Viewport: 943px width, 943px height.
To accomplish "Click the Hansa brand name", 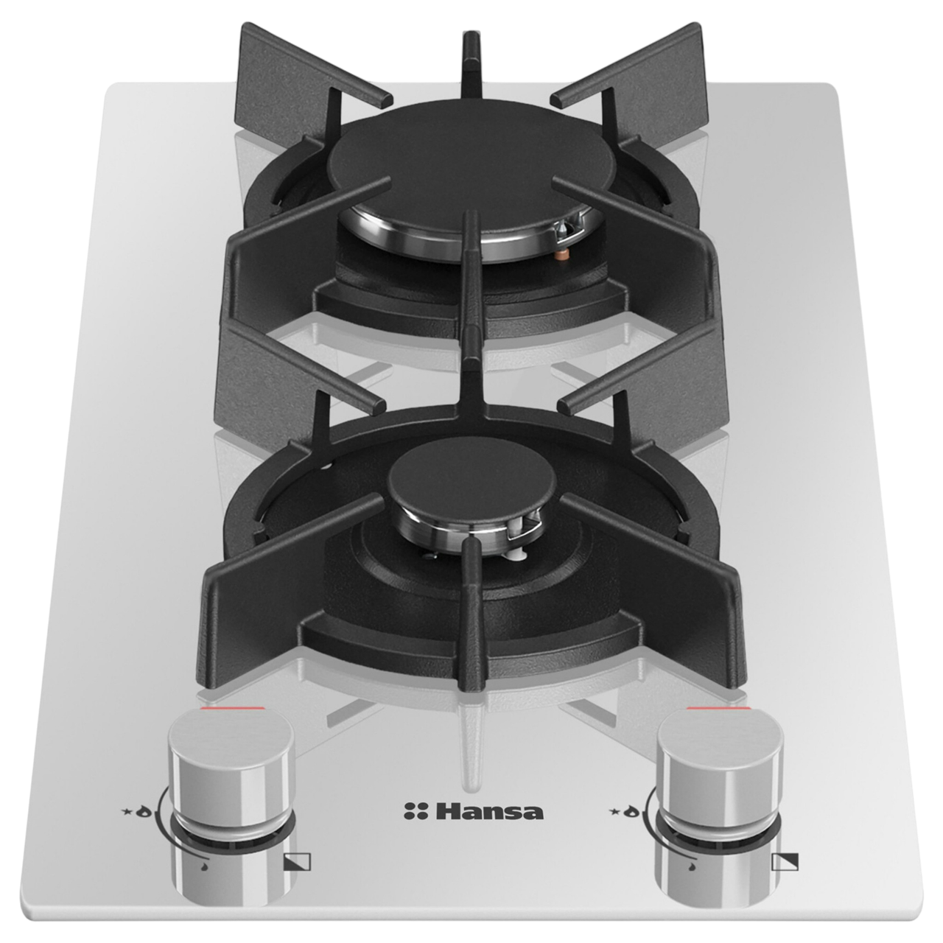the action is (x=488, y=811).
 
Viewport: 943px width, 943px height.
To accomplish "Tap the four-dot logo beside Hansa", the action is (x=416, y=811).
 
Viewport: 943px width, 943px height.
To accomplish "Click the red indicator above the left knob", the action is (x=233, y=709).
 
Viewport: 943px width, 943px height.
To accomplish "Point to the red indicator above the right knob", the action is (x=718, y=708).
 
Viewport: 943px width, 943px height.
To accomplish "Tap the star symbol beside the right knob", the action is (x=613, y=812).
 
